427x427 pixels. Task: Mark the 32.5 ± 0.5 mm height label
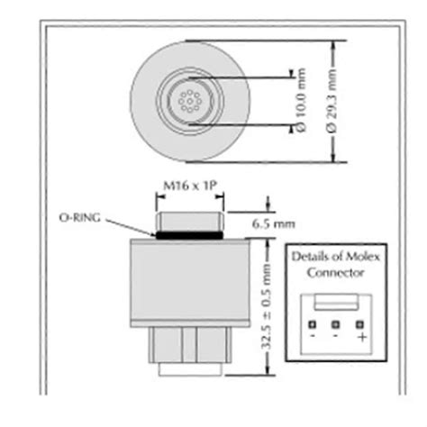tap(267, 307)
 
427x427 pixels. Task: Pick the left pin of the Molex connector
tap(312, 324)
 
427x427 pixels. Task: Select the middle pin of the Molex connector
tap(335, 324)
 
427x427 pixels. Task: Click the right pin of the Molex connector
tap(359, 324)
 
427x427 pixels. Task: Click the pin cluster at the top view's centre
tap(188, 102)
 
